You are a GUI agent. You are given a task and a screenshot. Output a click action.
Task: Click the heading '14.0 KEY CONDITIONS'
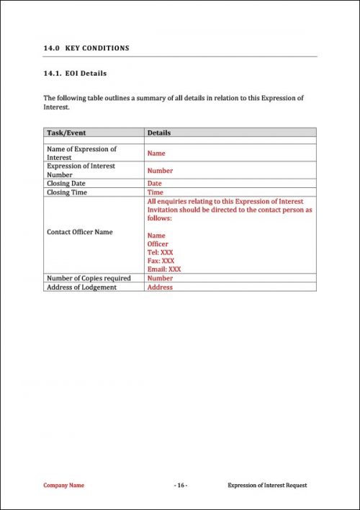coord(86,48)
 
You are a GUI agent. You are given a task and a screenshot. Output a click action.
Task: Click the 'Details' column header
coord(159,133)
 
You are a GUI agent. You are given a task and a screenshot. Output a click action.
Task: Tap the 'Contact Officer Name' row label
coord(79,232)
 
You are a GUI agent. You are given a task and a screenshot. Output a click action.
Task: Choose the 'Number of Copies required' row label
coord(89,278)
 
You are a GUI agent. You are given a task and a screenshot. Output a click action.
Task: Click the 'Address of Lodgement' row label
coord(81,287)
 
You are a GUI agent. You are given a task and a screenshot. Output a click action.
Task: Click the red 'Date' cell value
coord(154,184)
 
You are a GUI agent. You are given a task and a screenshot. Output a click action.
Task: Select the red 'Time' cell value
coord(155,192)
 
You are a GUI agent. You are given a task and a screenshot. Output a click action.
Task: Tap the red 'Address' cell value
coord(160,287)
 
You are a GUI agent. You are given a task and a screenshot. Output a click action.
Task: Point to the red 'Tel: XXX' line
coord(161,252)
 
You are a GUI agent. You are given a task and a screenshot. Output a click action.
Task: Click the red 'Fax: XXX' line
coord(161,261)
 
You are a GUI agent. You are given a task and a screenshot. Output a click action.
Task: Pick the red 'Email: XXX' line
coord(164,269)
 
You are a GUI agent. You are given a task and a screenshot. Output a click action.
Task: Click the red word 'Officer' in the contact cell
coord(158,244)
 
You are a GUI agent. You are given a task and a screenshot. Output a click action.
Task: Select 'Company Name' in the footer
coord(63,486)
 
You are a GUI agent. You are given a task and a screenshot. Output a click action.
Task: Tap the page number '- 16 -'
coord(180,486)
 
